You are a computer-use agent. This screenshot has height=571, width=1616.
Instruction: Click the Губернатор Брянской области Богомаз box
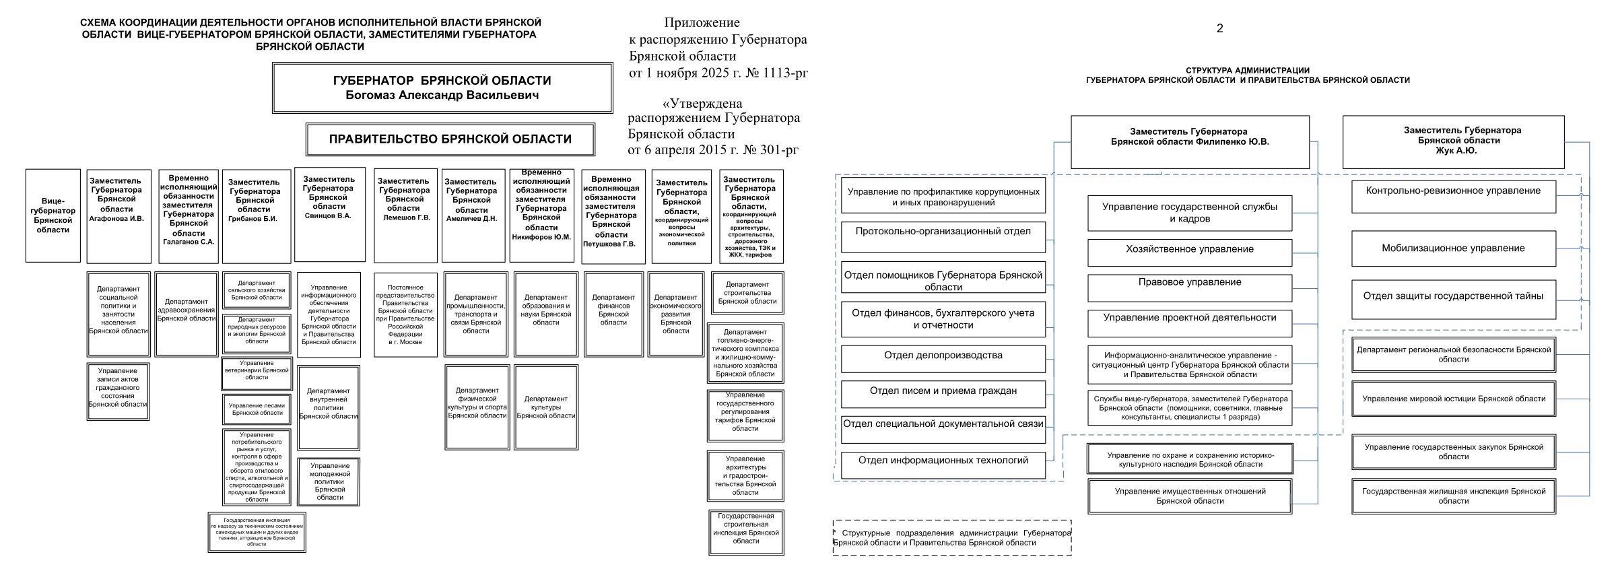(x=442, y=88)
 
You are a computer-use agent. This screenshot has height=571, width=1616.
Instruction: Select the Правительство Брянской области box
(x=450, y=139)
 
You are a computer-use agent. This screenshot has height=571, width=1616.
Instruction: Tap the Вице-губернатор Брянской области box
(x=53, y=215)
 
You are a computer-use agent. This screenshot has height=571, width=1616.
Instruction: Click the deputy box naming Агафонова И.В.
(x=119, y=215)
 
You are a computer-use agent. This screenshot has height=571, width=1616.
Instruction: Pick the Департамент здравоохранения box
(x=187, y=314)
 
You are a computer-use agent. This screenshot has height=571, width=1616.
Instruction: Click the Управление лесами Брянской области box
(x=257, y=409)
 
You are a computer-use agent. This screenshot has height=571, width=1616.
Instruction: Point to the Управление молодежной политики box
(x=329, y=481)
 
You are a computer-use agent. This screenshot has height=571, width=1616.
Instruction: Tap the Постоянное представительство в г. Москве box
(x=405, y=314)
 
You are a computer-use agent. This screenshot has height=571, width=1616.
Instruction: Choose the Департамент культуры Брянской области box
(x=545, y=407)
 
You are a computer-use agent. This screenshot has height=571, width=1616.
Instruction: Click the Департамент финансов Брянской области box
(x=613, y=314)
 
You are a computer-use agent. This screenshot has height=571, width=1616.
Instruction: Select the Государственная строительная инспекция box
(x=746, y=532)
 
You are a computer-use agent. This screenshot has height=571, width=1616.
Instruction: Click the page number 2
(x=1219, y=28)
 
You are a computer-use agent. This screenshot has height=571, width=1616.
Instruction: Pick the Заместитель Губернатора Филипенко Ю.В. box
(x=1190, y=141)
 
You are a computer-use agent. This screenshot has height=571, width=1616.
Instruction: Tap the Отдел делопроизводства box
(x=943, y=358)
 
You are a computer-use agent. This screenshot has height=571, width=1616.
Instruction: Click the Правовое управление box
(x=1190, y=287)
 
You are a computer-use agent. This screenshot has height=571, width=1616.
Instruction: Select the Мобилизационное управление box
(x=1453, y=248)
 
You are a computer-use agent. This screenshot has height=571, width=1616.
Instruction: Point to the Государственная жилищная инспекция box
(x=1453, y=496)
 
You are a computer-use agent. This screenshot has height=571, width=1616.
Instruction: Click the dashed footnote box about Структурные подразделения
(x=951, y=537)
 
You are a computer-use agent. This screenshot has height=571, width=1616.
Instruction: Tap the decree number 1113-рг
(x=775, y=73)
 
